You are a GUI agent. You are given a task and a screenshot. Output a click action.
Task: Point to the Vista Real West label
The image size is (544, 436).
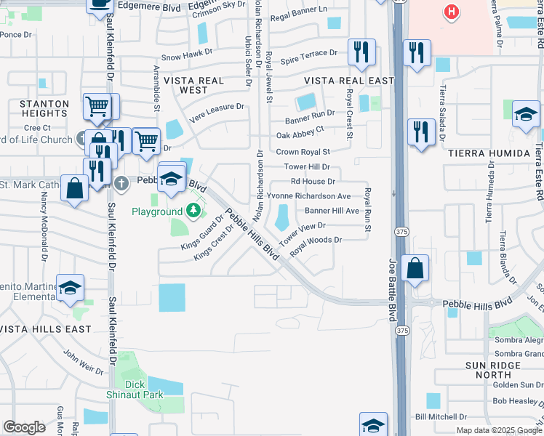click(185, 85)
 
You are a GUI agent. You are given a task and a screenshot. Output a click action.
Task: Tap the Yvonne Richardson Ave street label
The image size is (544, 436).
click(308, 196)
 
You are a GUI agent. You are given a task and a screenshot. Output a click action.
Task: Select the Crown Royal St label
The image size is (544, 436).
click(303, 152)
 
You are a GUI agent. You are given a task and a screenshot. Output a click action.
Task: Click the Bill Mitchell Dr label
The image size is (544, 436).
click(440, 416)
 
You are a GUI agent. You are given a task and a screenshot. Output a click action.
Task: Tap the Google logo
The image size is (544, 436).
click(24, 428)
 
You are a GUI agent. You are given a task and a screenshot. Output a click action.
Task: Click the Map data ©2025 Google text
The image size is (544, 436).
click(498, 430)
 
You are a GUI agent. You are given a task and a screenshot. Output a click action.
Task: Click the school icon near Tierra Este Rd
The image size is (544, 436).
click(526, 114)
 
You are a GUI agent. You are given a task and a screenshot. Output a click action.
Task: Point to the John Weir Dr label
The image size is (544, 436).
click(84, 360)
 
